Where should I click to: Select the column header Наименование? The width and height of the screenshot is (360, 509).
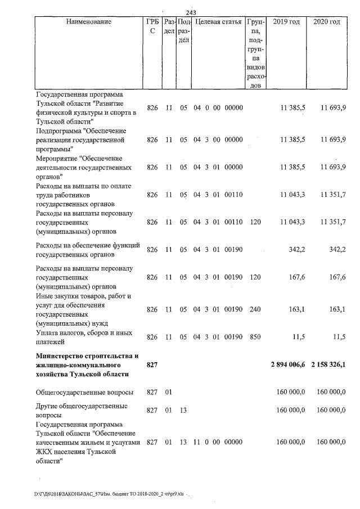88,22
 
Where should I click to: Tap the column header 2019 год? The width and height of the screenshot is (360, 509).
286,22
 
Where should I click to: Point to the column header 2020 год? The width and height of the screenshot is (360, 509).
326,22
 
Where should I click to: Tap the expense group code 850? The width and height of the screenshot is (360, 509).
255,337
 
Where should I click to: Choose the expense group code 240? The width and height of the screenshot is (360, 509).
255,309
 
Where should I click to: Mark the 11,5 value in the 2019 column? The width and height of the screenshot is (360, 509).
298,337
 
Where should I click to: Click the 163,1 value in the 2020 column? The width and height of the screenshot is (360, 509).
336,309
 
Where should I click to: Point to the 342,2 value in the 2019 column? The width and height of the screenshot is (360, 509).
296,249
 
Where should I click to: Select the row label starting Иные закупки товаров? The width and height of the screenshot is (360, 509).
84,295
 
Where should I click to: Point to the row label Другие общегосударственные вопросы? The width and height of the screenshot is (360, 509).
81,409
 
